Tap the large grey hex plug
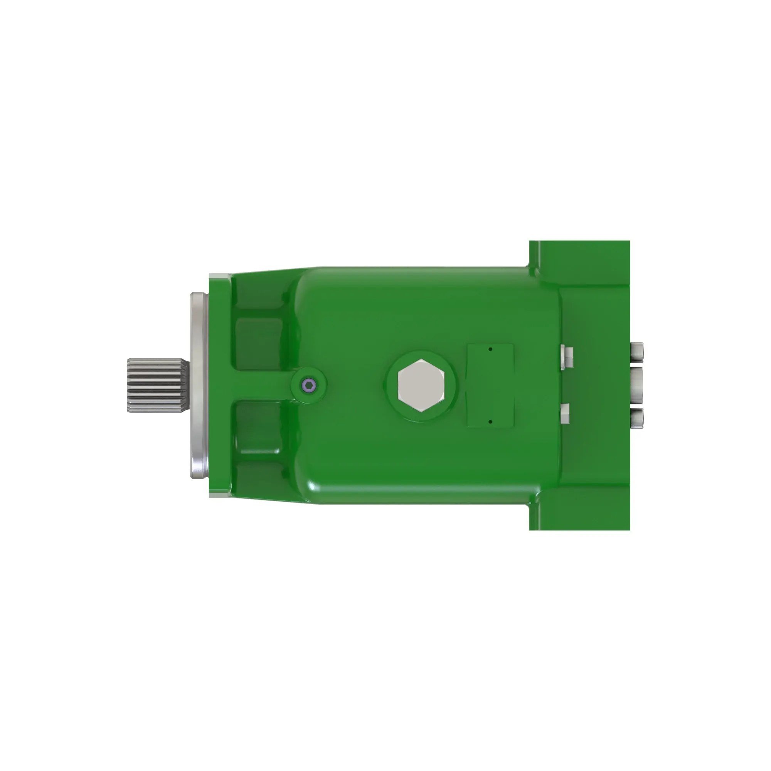click(421, 385)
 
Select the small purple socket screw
click(309, 385)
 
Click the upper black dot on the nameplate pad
click(490, 349)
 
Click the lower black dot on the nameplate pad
click(490, 421)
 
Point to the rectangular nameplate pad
click(490, 385)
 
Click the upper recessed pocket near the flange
click(259, 343)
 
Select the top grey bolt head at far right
click(637, 352)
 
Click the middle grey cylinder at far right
click(637, 385)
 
